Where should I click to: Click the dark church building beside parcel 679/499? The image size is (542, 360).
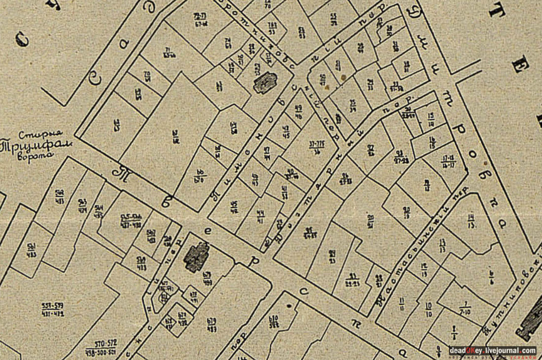coord(196,257)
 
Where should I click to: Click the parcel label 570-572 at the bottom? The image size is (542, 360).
coord(102,345)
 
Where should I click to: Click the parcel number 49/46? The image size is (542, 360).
coord(298,112)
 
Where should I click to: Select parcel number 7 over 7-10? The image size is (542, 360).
coord(465,308)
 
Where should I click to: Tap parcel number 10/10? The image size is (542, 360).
coord(428,309)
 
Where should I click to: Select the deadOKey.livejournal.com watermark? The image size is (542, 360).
coord(492,351)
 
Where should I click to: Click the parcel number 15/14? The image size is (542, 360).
coord(431,118)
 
